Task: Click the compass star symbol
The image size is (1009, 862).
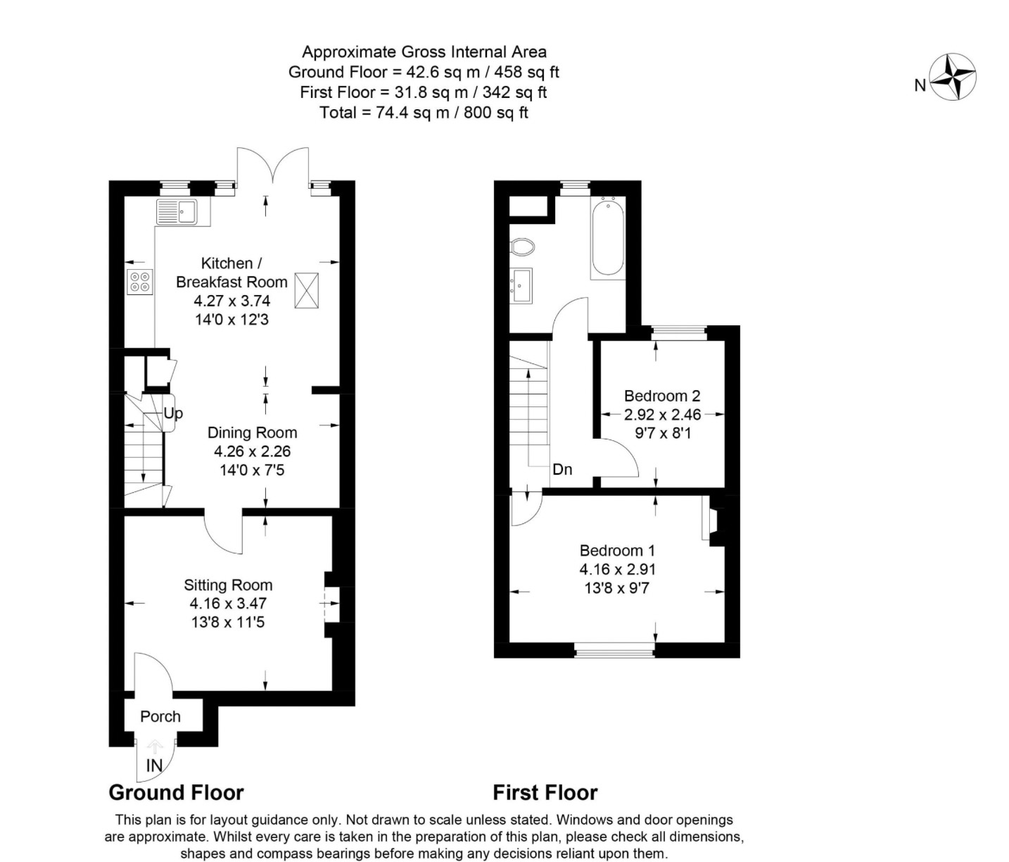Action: [x=953, y=77]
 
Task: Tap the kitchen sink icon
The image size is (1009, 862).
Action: [x=177, y=211]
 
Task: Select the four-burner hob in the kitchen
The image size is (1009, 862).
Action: [x=139, y=282]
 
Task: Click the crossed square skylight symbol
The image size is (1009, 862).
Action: [x=306, y=290]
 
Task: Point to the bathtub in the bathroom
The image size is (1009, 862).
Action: [x=607, y=238]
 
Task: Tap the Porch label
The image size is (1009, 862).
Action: [x=160, y=716]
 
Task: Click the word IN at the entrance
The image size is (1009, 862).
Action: [x=154, y=766]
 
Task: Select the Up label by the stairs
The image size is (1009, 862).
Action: [x=173, y=413]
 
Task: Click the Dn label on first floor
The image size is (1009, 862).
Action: [x=562, y=469]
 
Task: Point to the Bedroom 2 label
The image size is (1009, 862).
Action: [x=662, y=396]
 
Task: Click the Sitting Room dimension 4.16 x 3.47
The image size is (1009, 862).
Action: [x=228, y=604]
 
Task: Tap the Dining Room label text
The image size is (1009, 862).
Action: [x=252, y=432]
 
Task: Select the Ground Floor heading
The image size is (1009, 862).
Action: [x=176, y=793]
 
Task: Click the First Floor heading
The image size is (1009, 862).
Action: [x=545, y=793]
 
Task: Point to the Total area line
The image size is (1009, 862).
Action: [x=424, y=113]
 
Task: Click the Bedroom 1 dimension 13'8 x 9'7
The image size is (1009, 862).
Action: [x=616, y=587]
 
